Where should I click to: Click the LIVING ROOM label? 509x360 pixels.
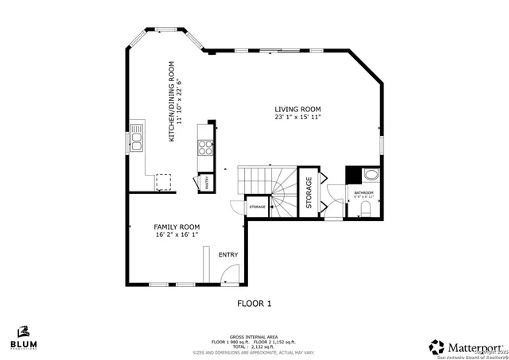coord(298,110)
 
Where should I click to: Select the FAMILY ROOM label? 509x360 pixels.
coord(177,226)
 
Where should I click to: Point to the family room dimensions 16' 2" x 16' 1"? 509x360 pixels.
coord(177,235)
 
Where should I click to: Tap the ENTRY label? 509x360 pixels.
coord(228,254)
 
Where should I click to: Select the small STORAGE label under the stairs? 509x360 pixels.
coord(257,207)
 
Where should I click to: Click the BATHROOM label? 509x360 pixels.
coord(363,192)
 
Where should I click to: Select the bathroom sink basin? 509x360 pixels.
coord(371,175)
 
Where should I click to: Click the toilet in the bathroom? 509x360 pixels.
coord(366,207)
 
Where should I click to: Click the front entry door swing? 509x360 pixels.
coord(227,276)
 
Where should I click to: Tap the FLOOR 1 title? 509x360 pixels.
coord(254,304)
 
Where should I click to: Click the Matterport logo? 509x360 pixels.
coord(466,346)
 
